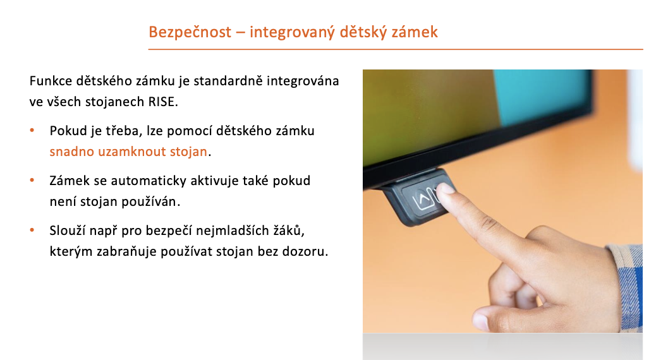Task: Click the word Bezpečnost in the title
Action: tap(190, 32)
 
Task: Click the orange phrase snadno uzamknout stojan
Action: tap(128, 152)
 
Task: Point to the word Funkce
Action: tap(51, 81)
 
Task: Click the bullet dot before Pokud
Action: tap(32, 130)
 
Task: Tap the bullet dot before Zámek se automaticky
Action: tap(32, 180)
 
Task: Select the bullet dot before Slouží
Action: tap(32, 230)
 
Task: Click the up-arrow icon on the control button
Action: tap(423, 199)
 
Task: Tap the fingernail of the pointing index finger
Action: tap(444, 188)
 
